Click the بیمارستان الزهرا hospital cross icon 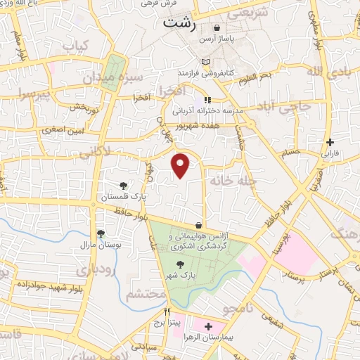pyautogui.click(x=207, y=326)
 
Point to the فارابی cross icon pyautogui.click(x=330, y=142)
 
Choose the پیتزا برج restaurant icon pyautogui.click(x=167, y=313)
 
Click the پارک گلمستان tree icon pyautogui.click(x=124, y=186)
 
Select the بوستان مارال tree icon pyautogui.click(x=101, y=233)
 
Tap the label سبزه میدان pyautogui.click(x=121, y=77)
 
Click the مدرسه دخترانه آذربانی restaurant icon pyautogui.click(x=207, y=101)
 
